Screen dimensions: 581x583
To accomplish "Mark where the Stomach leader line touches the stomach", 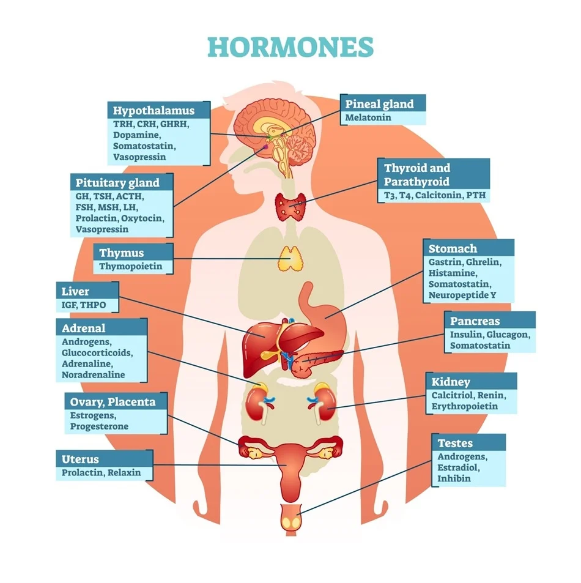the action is [x=325, y=318].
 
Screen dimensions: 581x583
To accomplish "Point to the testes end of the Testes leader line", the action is [x=297, y=514].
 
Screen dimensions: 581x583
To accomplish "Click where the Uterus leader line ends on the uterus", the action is [x=287, y=465].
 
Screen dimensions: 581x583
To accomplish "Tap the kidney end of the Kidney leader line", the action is [x=327, y=408].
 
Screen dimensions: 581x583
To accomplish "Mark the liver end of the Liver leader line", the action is [x=265, y=337].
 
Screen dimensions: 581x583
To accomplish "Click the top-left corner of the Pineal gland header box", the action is [x=340, y=94].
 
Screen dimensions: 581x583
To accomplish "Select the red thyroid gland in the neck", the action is [x=290, y=207].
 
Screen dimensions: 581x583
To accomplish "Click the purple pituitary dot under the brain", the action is [x=265, y=147].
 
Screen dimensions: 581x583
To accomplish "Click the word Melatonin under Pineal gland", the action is [x=368, y=117].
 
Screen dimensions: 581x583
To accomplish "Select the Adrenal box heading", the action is [x=84, y=328].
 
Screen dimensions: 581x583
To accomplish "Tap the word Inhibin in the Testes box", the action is [x=454, y=478].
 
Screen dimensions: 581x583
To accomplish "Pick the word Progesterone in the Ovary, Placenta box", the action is [x=99, y=426].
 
